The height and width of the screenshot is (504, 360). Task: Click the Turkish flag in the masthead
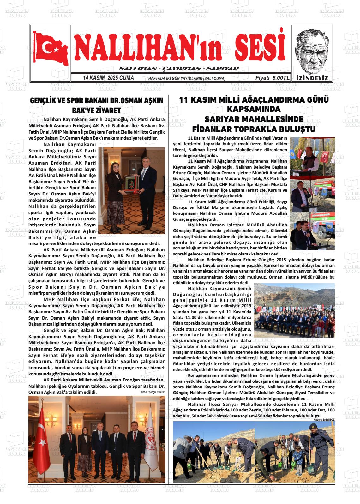[51, 47]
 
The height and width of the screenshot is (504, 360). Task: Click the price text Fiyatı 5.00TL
[273, 78]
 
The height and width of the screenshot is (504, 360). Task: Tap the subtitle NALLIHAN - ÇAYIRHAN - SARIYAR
[178, 69]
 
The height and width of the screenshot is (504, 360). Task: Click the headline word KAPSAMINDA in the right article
[254, 109]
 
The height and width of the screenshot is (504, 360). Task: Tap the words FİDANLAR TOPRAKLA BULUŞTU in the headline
[254, 129]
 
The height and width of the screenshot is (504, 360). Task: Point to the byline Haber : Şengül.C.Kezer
[153, 392]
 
